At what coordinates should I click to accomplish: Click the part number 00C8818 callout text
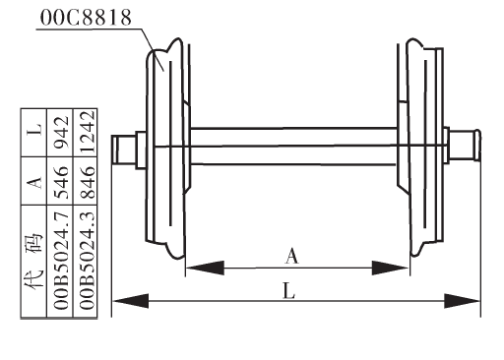[x=86, y=17]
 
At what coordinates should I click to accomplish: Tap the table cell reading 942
[x=61, y=132]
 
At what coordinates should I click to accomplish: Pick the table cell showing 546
[x=61, y=182]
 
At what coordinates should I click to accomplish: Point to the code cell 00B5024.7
[x=61, y=261]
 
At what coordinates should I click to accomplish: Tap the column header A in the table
[x=34, y=182]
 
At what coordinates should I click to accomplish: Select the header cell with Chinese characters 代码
[x=34, y=261]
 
